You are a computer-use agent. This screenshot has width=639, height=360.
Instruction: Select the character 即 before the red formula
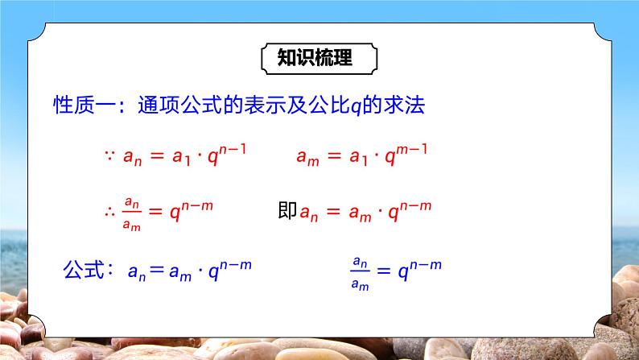point(287,212)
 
